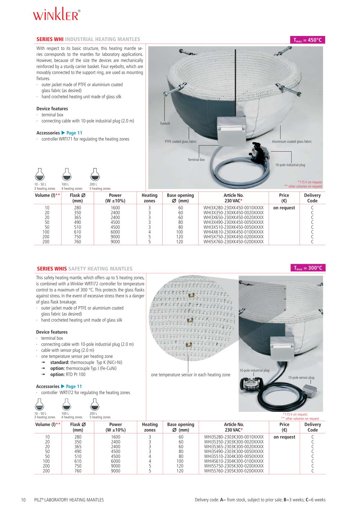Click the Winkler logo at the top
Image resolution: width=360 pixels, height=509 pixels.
point(56,14)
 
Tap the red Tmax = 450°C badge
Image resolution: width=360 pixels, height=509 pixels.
point(307,40)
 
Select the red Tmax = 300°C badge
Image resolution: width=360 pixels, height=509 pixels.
point(308,268)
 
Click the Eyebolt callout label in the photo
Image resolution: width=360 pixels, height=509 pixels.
point(165,123)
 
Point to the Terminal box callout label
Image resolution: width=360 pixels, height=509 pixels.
point(196,160)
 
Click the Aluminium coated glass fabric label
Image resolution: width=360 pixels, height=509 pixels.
point(292,141)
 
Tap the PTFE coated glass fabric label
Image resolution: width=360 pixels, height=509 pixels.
point(181,141)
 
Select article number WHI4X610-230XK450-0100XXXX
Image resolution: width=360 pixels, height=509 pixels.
point(233,232)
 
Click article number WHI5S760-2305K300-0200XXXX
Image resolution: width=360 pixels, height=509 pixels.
point(234,471)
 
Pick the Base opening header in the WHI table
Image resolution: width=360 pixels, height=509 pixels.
point(180,198)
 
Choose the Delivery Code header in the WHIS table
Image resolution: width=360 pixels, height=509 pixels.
point(312,427)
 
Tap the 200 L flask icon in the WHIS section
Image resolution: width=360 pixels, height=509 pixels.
point(95,405)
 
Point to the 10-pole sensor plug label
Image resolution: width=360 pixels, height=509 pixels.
point(301,378)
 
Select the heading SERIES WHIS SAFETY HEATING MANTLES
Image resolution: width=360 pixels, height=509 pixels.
point(85,269)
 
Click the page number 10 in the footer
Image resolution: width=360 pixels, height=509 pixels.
point(23,500)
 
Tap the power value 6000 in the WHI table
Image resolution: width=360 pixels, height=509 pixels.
point(115,232)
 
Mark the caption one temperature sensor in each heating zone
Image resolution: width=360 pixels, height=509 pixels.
point(190,375)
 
